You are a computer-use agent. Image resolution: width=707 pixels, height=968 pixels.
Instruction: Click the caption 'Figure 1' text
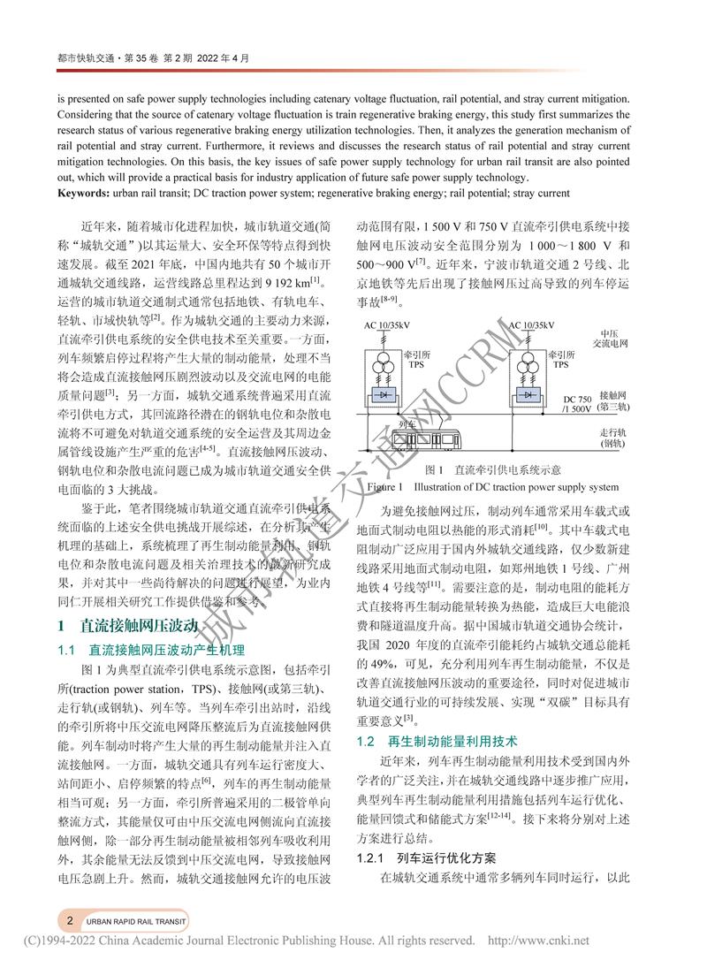(x=385, y=487)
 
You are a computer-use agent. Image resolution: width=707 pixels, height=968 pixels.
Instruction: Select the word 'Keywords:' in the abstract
(x=87, y=193)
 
